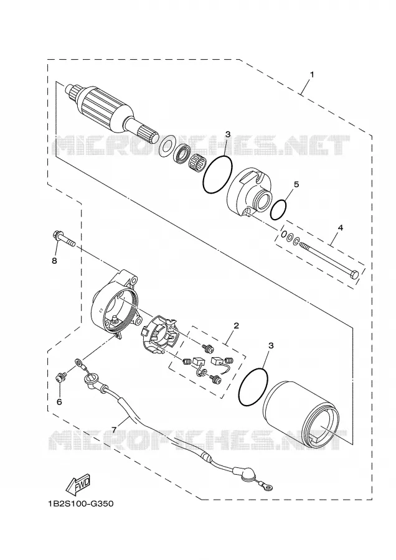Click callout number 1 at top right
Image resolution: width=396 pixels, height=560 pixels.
[312, 75]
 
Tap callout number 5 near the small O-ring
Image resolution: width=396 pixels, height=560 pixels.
[296, 184]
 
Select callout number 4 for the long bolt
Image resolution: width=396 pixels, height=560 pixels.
[340, 228]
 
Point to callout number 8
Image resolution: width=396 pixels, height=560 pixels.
[54, 261]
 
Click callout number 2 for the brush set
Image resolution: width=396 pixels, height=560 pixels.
[236, 325]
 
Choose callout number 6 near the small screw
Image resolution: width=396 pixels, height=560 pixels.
[59, 402]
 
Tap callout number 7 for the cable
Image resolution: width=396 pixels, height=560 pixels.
[114, 430]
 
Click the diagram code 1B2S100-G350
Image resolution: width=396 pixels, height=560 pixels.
[80, 504]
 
